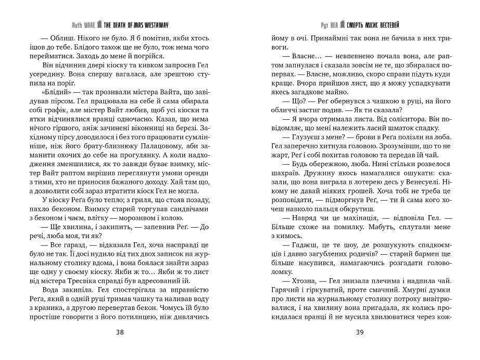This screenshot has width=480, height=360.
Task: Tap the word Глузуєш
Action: pos(302,151)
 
